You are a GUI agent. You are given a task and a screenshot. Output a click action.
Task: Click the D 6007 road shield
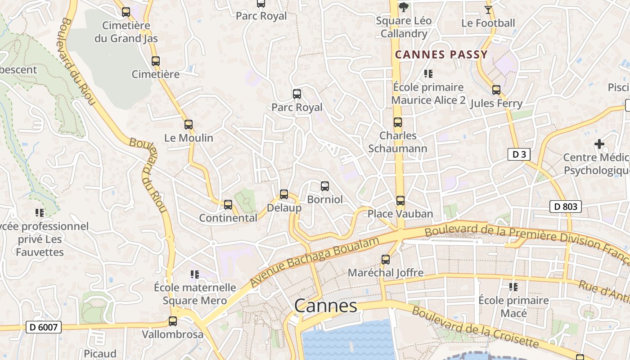[x=44, y=327]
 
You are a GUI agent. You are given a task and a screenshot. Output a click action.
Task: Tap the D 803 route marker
[x=566, y=207]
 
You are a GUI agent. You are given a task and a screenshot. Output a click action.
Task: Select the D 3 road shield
[x=519, y=154]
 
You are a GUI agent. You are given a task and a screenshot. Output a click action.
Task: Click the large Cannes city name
[x=325, y=306]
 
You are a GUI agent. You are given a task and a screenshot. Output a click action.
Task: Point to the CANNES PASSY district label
[x=441, y=55]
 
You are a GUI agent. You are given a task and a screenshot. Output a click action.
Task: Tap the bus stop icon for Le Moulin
[x=189, y=125]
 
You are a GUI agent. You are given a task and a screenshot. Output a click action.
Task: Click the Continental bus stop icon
[x=228, y=205]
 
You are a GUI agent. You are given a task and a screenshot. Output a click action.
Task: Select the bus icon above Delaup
[x=284, y=194]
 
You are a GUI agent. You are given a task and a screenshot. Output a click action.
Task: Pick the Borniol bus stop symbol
[x=325, y=186]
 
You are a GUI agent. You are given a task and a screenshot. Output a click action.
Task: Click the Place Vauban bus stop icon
[x=400, y=201]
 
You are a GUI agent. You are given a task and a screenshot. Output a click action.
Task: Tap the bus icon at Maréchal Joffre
[x=386, y=260]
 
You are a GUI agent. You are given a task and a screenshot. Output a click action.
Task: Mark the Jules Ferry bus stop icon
[x=496, y=90]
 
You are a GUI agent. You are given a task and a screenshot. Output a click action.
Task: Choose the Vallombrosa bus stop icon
[x=173, y=321]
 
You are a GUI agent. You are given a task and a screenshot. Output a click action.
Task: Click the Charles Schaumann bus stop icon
[x=398, y=122]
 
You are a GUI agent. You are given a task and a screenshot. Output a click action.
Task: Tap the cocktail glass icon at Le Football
[x=488, y=9]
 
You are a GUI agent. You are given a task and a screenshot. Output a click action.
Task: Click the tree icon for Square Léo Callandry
[x=404, y=7]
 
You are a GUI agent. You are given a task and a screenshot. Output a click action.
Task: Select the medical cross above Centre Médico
[x=599, y=144]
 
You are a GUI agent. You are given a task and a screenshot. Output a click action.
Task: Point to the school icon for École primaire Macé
[x=513, y=287]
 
